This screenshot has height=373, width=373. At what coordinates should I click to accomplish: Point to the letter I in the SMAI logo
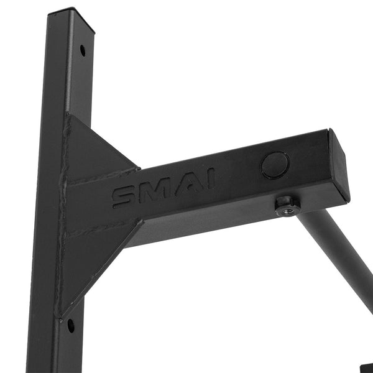click(x=210, y=178)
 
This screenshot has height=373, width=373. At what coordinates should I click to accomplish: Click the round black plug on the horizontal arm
click(x=275, y=165)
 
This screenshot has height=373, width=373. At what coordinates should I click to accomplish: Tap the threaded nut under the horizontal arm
click(x=287, y=206)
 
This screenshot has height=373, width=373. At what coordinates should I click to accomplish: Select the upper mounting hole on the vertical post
click(x=83, y=50)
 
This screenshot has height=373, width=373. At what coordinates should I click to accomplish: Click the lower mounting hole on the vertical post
click(x=71, y=326)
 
